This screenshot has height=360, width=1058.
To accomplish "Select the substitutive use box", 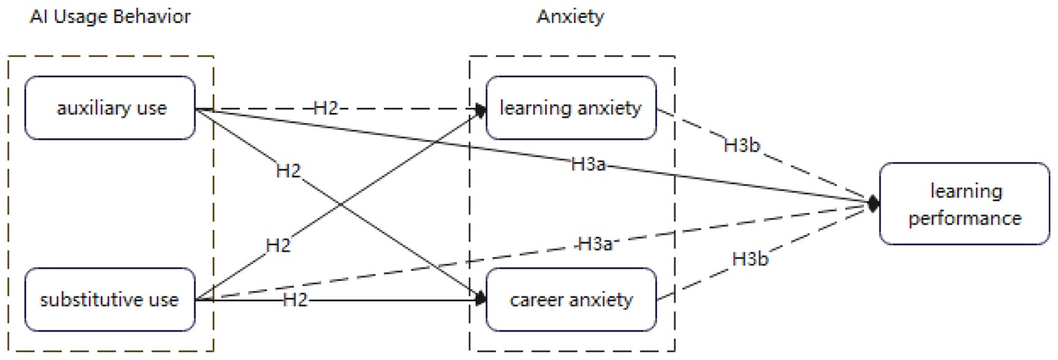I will (x=111, y=300).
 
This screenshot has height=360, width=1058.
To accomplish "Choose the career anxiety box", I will (x=571, y=300).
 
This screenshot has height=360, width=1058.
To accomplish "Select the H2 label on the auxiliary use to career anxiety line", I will (x=288, y=172).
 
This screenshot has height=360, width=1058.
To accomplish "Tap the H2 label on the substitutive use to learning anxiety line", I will (x=278, y=246).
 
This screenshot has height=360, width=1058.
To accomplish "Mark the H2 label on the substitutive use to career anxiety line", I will (x=295, y=300).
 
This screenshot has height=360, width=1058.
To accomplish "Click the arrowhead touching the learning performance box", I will (x=873, y=203).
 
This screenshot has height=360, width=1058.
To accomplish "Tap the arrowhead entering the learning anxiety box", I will (x=481, y=110).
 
